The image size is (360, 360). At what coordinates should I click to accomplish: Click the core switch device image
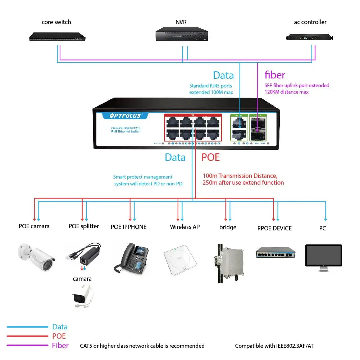[x=58, y=36]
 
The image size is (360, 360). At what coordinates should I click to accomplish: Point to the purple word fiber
[x=275, y=75]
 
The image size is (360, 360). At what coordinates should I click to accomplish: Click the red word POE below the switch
[x=210, y=157]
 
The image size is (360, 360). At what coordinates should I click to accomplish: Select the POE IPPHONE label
[x=128, y=227]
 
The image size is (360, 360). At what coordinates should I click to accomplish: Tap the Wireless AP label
[x=185, y=227]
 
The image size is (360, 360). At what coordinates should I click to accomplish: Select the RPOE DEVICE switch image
[x=275, y=253]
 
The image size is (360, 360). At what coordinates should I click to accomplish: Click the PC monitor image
[x=323, y=256]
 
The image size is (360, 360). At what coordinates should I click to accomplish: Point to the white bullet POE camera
[x=36, y=254]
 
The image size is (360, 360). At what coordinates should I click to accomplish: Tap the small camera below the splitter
[x=82, y=296]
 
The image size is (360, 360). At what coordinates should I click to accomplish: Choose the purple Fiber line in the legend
[x=27, y=346]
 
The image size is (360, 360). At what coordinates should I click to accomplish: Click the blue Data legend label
[x=60, y=327]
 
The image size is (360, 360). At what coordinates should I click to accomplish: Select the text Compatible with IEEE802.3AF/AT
[x=274, y=346]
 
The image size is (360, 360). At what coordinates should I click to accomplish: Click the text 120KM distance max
[x=287, y=92]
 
